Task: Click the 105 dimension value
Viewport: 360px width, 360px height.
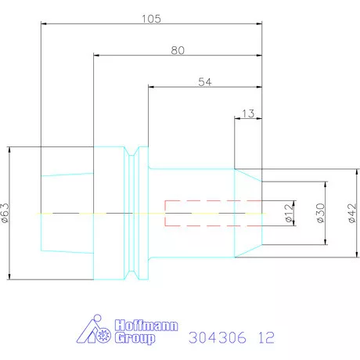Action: point(152,19)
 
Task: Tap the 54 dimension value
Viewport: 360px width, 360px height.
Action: point(205,81)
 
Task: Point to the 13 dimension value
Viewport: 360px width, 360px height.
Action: point(248,113)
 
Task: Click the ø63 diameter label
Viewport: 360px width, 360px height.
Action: point(6,212)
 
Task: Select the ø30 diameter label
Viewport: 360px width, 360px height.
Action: point(320,213)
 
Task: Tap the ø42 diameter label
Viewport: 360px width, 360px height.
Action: point(351,213)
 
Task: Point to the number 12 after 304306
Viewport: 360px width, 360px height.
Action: point(266,338)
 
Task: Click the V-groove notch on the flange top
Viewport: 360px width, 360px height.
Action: point(139,153)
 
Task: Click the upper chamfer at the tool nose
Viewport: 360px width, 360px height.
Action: point(247,176)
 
